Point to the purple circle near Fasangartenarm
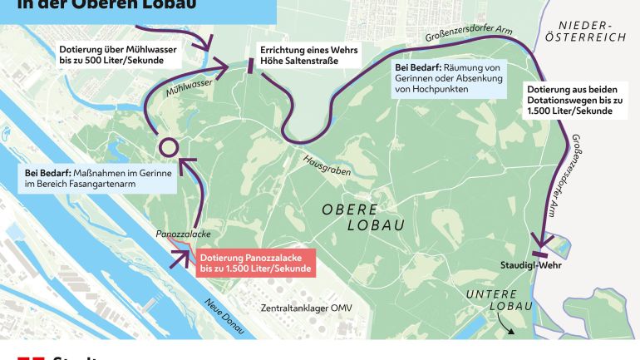(169, 147)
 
